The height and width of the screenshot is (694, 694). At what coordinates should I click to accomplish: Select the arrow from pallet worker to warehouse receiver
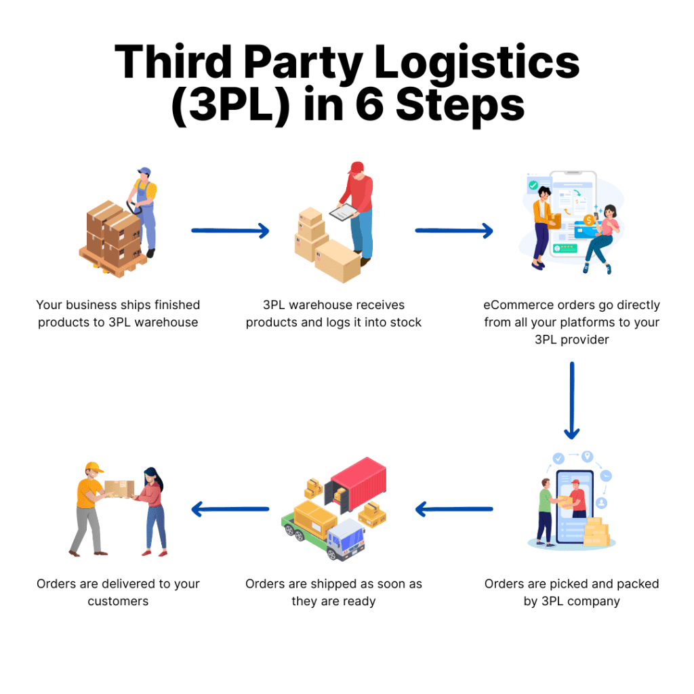(230, 231)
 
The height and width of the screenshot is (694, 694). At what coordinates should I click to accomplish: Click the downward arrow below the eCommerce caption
(572, 401)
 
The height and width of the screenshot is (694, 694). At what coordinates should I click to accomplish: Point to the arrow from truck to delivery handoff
(230, 509)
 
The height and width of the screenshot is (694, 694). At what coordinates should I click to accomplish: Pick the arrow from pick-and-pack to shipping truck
(453, 509)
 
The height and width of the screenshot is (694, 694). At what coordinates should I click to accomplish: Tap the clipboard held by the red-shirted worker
(344, 212)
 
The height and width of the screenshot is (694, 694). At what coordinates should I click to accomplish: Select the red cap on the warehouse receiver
(356, 167)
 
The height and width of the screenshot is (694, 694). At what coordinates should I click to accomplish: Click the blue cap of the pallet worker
(144, 172)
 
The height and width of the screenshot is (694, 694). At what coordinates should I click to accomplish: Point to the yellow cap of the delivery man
(94, 468)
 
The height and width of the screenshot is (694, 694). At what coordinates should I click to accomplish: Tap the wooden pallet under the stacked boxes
(112, 262)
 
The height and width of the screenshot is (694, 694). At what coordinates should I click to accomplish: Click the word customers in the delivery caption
(118, 601)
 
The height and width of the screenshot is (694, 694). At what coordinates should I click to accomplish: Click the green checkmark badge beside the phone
(533, 184)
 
